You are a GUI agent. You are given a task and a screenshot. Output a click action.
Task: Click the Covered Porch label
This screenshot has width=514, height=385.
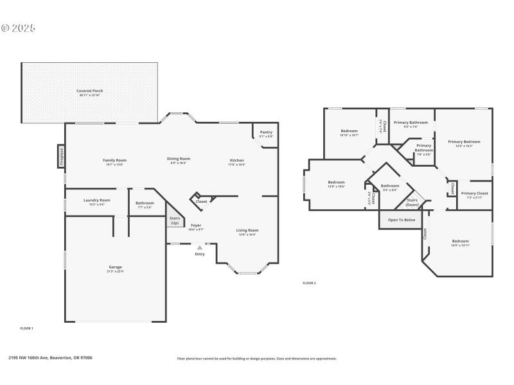90,91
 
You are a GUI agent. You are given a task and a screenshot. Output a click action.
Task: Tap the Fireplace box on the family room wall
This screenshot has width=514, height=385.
62,157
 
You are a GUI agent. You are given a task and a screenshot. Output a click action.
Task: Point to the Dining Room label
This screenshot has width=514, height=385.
179,159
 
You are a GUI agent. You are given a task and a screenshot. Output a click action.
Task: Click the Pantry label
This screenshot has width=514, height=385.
266,133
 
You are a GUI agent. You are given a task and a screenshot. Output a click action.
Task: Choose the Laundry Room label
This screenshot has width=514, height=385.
97,200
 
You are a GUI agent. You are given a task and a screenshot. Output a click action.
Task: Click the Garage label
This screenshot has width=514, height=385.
115,267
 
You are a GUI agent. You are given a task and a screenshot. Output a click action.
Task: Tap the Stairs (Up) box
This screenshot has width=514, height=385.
175,219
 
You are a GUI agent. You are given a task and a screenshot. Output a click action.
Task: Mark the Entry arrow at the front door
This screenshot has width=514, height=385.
199,247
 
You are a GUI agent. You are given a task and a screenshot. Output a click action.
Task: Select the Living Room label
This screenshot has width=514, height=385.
247,230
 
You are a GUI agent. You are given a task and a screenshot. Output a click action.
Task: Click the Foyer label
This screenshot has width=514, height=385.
196,225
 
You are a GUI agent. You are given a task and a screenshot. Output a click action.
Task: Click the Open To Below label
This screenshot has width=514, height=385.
402,220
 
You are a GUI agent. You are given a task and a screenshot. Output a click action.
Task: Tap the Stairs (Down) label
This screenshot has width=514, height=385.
412,202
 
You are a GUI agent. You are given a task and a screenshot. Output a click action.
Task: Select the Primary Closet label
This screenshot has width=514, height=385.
474,193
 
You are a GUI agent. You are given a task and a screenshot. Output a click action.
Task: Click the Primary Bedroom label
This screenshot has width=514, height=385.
464,142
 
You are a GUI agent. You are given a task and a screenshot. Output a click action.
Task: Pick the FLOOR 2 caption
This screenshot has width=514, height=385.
309,283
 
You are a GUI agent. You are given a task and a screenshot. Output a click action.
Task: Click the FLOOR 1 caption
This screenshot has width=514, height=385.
26,328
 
